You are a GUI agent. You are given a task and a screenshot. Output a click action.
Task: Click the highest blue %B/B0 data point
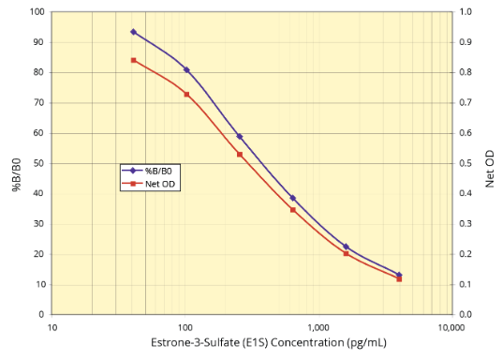click(x=133, y=32)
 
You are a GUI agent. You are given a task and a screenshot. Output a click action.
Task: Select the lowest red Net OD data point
click(x=399, y=279)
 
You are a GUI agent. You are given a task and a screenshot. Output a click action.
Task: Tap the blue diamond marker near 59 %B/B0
click(x=240, y=136)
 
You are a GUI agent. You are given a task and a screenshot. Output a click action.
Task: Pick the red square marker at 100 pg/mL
click(x=186, y=95)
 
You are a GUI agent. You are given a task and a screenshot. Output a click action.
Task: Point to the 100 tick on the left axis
click(x=37, y=12)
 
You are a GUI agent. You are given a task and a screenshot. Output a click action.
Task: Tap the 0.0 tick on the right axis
click(x=465, y=314)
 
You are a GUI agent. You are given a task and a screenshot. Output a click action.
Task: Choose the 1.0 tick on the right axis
click(x=465, y=12)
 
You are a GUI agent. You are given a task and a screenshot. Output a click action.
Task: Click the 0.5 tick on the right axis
click(x=465, y=163)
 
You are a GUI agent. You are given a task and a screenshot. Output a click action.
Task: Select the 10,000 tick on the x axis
click(x=451, y=328)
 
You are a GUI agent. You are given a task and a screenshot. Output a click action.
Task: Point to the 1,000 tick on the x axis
click(x=318, y=328)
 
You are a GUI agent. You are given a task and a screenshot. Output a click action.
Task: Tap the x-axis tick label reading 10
click(x=52, y=328)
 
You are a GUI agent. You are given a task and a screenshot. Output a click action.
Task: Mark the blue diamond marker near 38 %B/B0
click(x=293, y=199)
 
